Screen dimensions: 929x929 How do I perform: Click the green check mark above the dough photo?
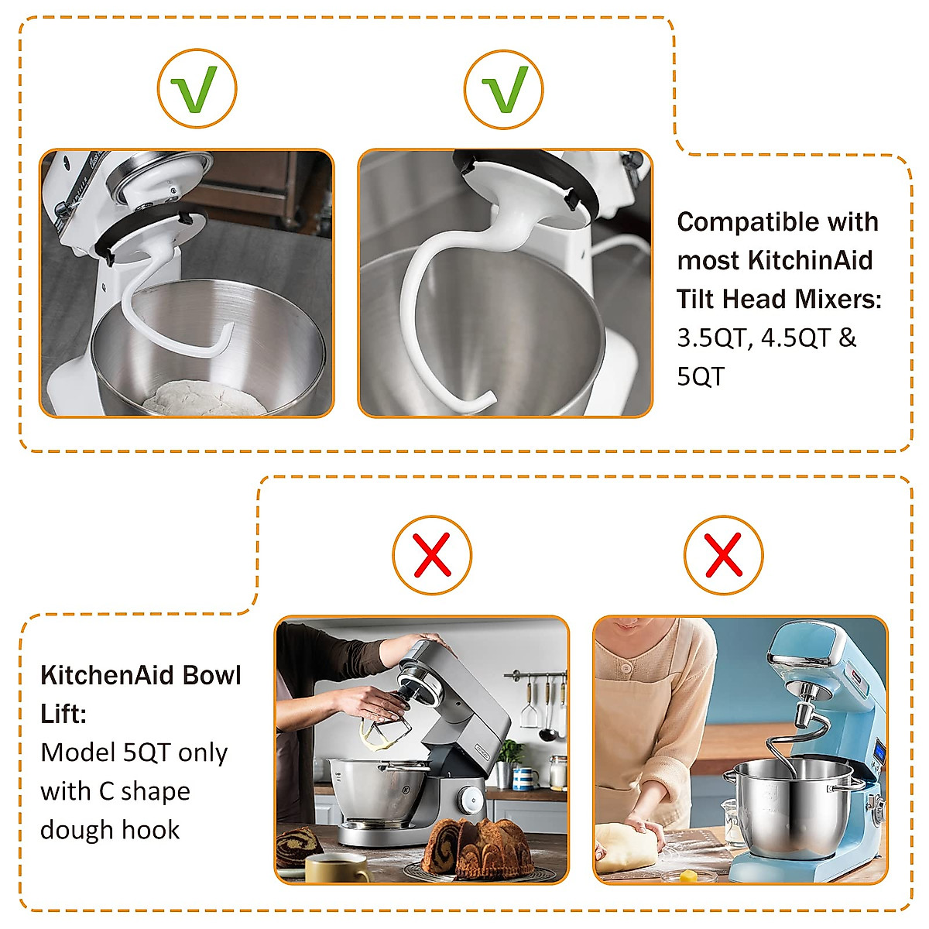coord(197,89)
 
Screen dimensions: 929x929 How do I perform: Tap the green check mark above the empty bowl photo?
coord(503,89)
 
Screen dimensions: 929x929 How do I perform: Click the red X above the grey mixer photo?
coord(432,555)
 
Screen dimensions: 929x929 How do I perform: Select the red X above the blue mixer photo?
coord(723,555)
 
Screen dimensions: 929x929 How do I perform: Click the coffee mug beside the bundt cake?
coord(338,867)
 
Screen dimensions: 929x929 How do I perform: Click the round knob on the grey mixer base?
coord(469,797)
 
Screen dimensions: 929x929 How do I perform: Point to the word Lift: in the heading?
coord(63,714)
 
